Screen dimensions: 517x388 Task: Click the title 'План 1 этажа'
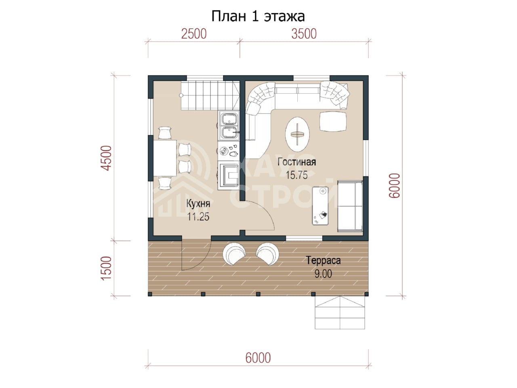pos(258,17)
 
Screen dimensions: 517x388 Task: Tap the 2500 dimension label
pos(194,34)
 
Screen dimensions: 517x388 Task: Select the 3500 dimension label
pos(304,34)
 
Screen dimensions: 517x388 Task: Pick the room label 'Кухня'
pos(198,204)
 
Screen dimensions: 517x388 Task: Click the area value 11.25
pos(198,217)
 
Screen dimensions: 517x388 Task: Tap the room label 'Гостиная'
pos(296,162)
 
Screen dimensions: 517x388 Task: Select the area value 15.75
pos(296,175)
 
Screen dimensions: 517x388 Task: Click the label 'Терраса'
pos(324,261)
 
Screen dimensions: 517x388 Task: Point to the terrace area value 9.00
pos(324,274)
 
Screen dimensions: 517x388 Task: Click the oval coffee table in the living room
pos(297,134)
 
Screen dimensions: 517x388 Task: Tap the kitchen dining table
pos(165,158)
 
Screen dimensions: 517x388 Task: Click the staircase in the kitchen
pos(210,95)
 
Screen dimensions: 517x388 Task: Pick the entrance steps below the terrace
pos(340,312)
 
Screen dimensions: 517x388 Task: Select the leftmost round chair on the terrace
pos(234,254)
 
